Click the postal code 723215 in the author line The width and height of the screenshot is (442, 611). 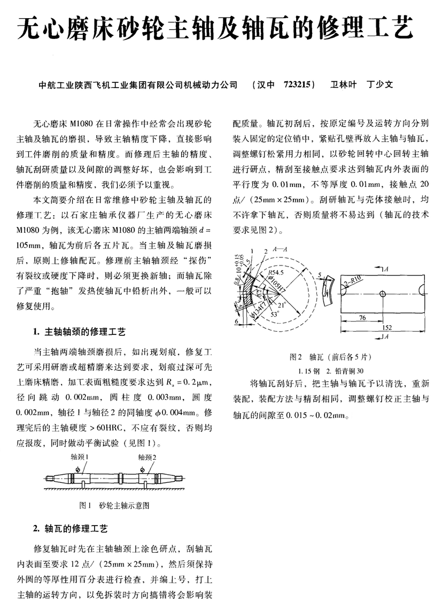pyautogui.click(x=297, y=84)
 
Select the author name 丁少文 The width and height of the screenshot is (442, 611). pyautogui.click(x=380, y=84)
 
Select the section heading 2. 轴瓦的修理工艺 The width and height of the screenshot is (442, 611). pyautogui.click(x=71, y=529)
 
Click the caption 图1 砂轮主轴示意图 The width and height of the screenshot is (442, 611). pyautogui.click(x=114, y=504)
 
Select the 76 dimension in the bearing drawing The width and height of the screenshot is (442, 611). pyautogui.click(x=361, y=317)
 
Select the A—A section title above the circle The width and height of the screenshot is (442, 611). pyautogui.click(x=278, y=249)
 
